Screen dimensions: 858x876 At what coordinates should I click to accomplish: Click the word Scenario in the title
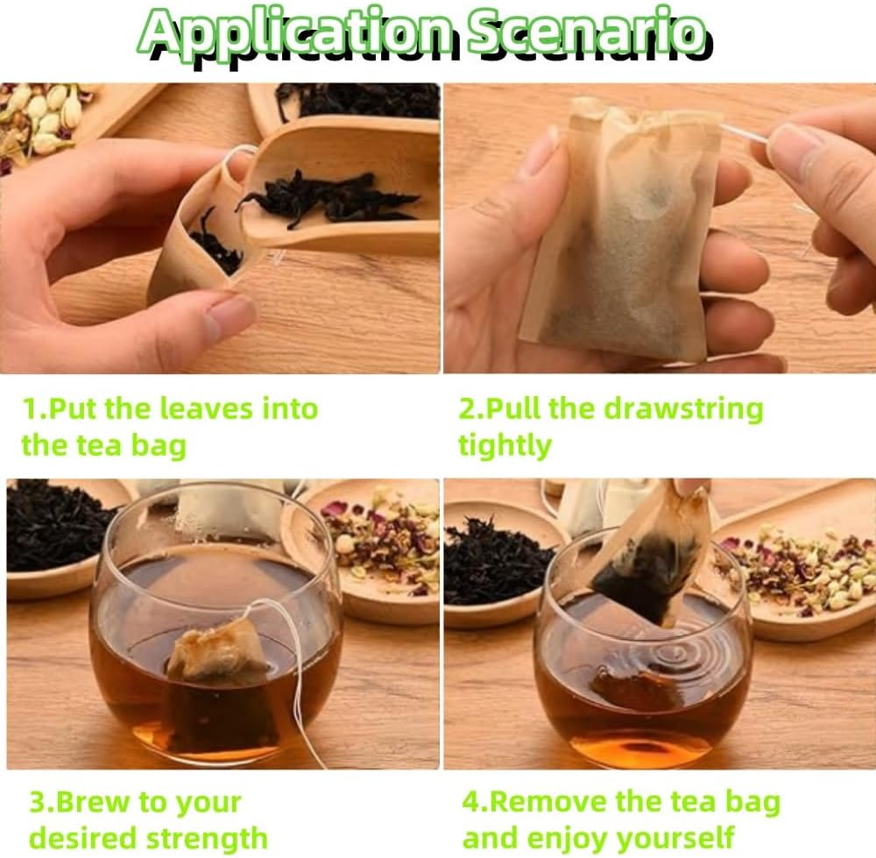pos(585,32)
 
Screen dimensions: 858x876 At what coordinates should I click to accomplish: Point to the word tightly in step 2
pos(505,445)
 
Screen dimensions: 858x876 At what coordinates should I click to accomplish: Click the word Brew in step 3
pos(102,802)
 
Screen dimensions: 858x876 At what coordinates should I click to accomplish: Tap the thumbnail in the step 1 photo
pos(230,317)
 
